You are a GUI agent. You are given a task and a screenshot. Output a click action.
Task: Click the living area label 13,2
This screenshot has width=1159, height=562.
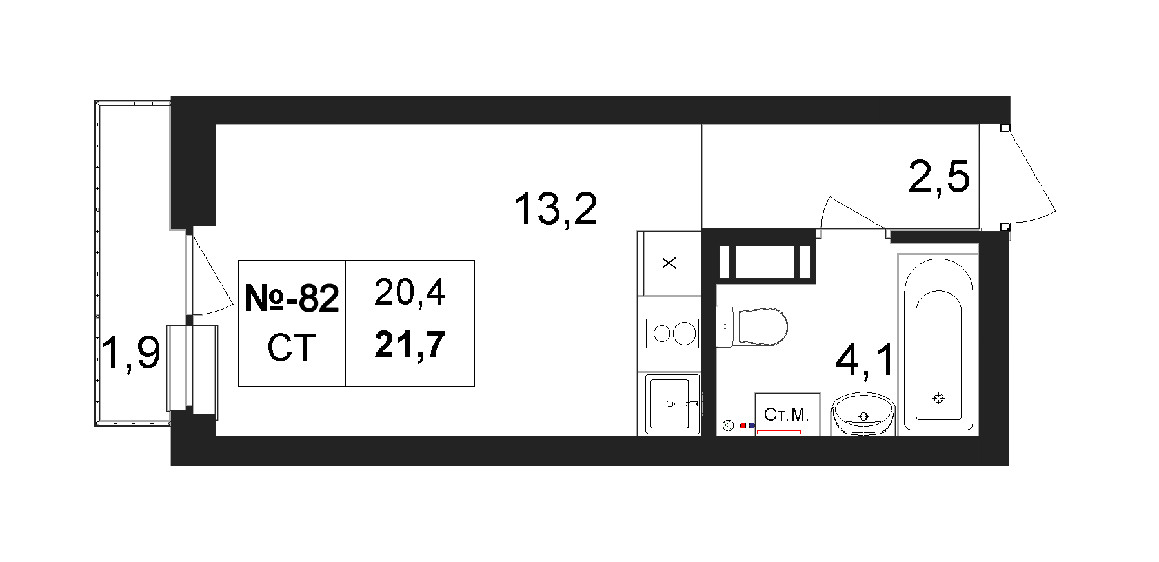[x=556, y=209]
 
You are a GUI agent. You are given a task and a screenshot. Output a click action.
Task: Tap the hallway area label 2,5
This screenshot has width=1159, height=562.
[x=939, y=176]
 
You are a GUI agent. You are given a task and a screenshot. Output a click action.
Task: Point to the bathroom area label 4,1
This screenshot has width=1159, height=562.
[x=865, y=360]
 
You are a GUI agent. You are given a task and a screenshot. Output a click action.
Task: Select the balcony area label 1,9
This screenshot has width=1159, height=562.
[x=131, y=354]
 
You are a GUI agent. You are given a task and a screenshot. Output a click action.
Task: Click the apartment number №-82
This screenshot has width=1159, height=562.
[x=292, y=298]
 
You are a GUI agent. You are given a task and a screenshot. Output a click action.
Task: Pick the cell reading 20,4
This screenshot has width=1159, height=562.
[x=409, y=292]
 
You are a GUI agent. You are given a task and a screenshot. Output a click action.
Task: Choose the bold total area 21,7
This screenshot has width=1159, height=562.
[x=410, y=345]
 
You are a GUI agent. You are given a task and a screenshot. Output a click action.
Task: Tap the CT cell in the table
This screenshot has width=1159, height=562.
[x=292, y=348]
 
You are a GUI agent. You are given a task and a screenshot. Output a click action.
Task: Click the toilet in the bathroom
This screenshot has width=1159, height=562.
[x=752, y=326]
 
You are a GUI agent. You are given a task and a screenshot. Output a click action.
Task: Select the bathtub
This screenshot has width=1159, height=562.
[x=938, y=343]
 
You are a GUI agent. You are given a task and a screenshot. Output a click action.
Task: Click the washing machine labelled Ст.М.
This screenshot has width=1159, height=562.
[x=787, y=414]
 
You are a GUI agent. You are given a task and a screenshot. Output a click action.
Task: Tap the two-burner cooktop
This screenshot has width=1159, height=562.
[x=673, y=334]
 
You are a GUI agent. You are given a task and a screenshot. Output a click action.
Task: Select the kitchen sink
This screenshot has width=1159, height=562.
[x=674, y=404]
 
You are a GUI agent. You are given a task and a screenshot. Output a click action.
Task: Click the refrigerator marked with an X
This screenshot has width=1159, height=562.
[x=669, y=263]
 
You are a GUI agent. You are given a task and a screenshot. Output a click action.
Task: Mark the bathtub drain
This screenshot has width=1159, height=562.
[x=939, y=398]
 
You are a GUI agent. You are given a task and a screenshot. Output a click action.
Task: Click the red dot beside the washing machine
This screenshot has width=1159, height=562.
[x=743, y=426]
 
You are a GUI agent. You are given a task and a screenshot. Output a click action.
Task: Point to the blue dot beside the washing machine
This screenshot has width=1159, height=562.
[x=751, y=426]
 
